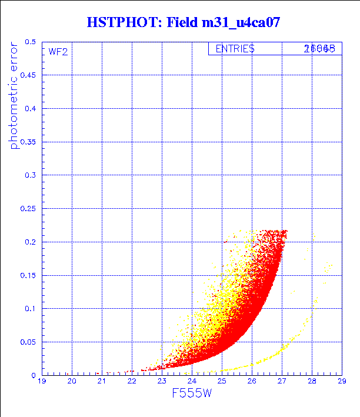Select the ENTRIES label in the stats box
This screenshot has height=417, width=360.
coord(235,49)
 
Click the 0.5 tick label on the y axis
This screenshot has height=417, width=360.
coord(30,42)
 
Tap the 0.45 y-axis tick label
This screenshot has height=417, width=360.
coord(28,75)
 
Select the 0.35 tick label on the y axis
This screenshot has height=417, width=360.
coord(28,142)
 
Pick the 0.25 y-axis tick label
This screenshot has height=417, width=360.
coord(28,208)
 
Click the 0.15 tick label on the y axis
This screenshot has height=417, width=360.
coord(28,275)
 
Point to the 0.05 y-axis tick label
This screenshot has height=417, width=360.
coord(28,342)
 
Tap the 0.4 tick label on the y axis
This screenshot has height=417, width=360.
coord(30,109)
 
